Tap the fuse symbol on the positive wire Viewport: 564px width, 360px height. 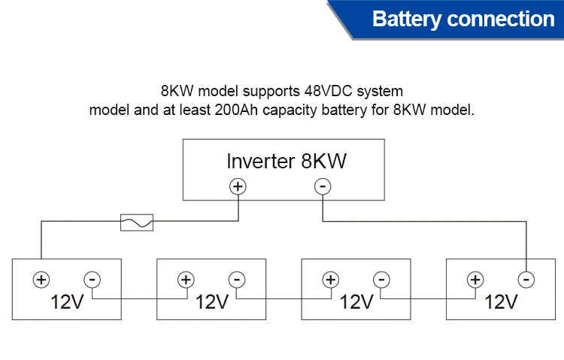[x=137, y=222]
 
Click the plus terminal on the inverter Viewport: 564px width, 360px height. [x=238, y=186]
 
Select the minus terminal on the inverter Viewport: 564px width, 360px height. [x=323, y=186]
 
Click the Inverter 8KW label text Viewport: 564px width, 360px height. [x=287, y=162]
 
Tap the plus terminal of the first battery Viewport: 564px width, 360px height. [x=41, y=280]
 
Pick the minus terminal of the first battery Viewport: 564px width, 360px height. [x=92, y=280]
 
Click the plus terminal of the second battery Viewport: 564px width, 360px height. [x=185, y=280]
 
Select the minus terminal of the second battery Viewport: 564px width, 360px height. [x=236, y=280]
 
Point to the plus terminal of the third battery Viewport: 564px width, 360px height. [x=330, y=280]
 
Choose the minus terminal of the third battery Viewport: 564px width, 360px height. [x=381, y=280]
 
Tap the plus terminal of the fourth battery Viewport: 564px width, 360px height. [x=475, y=280]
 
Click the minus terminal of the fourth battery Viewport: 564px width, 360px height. [x=526, y=280]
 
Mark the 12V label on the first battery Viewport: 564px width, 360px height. [x=66, y=302]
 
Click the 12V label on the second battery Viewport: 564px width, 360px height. [x=211, y=302]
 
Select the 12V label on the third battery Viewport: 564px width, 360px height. [x=356, y=302]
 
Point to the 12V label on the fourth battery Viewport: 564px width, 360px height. [x=501, y=302]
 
